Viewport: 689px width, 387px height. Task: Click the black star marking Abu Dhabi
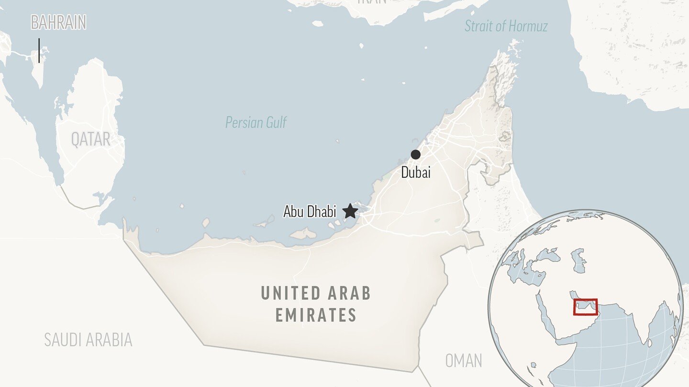pyautogui.click(x=350, y=211)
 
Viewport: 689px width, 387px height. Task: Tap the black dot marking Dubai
pyautogui.click(x=415, y=154)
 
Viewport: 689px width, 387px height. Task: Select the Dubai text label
pyautogui.click(x=415, y=172)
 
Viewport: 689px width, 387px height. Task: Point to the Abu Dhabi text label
pyautogui.click(x=310, y=211)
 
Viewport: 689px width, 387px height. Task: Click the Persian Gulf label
pyautogui.click(x=256, y=123)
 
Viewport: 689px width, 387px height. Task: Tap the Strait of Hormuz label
pyautogui.click(x=506, y=26)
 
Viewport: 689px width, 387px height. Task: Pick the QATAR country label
pyautogui.click(x=90, y=139)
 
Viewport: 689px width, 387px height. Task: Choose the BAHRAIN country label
pyautogui.click(x=58, y=22)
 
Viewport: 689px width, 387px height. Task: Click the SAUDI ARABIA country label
pyautogui.click(x=88, y=340)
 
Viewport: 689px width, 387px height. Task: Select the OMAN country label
pyautogui.click(x=463, y=361)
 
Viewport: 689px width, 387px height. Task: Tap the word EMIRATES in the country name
pyautogui.click(x=316, y=315)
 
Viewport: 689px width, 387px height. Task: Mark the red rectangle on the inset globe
pyautogui.click(x=585, y=307)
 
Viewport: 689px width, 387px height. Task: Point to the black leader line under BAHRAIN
pyautogui.click(x=39, y=50)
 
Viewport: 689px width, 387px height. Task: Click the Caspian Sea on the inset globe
pyautogui.click(x=578, y=260)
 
